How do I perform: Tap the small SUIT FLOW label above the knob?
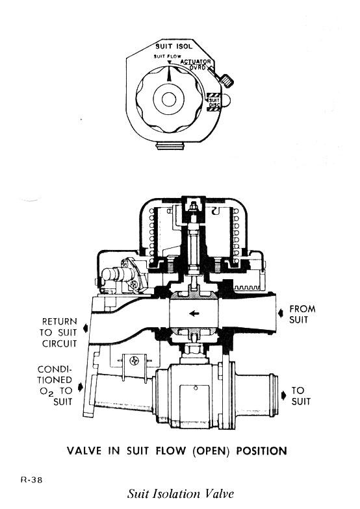[166, 58]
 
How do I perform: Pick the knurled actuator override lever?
[226, 81]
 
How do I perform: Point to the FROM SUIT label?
[302, 314]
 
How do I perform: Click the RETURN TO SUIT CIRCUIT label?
[59, 333]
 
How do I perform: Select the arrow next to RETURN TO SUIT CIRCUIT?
[83, 334]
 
